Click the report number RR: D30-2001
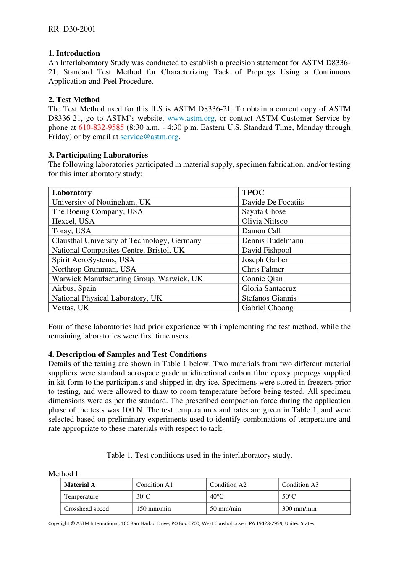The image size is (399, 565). [72, 29]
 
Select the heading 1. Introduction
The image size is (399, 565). [74, 53]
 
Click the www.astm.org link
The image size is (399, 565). [191, 119]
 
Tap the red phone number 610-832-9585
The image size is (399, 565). [101, 128]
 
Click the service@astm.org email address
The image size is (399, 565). [150, 137]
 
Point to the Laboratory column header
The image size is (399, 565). [72, 193]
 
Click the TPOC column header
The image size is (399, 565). [253, 193]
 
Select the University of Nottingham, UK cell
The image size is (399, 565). [101, 202]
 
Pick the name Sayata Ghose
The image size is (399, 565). [263, 212]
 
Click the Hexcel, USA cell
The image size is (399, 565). [73, 222]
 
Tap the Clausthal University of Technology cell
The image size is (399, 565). [126, 241]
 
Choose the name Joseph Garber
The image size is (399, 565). [265, 260]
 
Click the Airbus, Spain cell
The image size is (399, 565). [74, 289]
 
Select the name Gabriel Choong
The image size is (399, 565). [267, 308]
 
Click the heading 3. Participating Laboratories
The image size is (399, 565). [98, 155]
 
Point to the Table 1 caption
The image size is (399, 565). [199, 455]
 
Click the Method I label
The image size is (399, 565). [63, 474]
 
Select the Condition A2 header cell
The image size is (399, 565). [228, 485]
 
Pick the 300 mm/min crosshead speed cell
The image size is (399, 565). [299, 509]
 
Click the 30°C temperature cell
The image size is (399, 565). [143, 496]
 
